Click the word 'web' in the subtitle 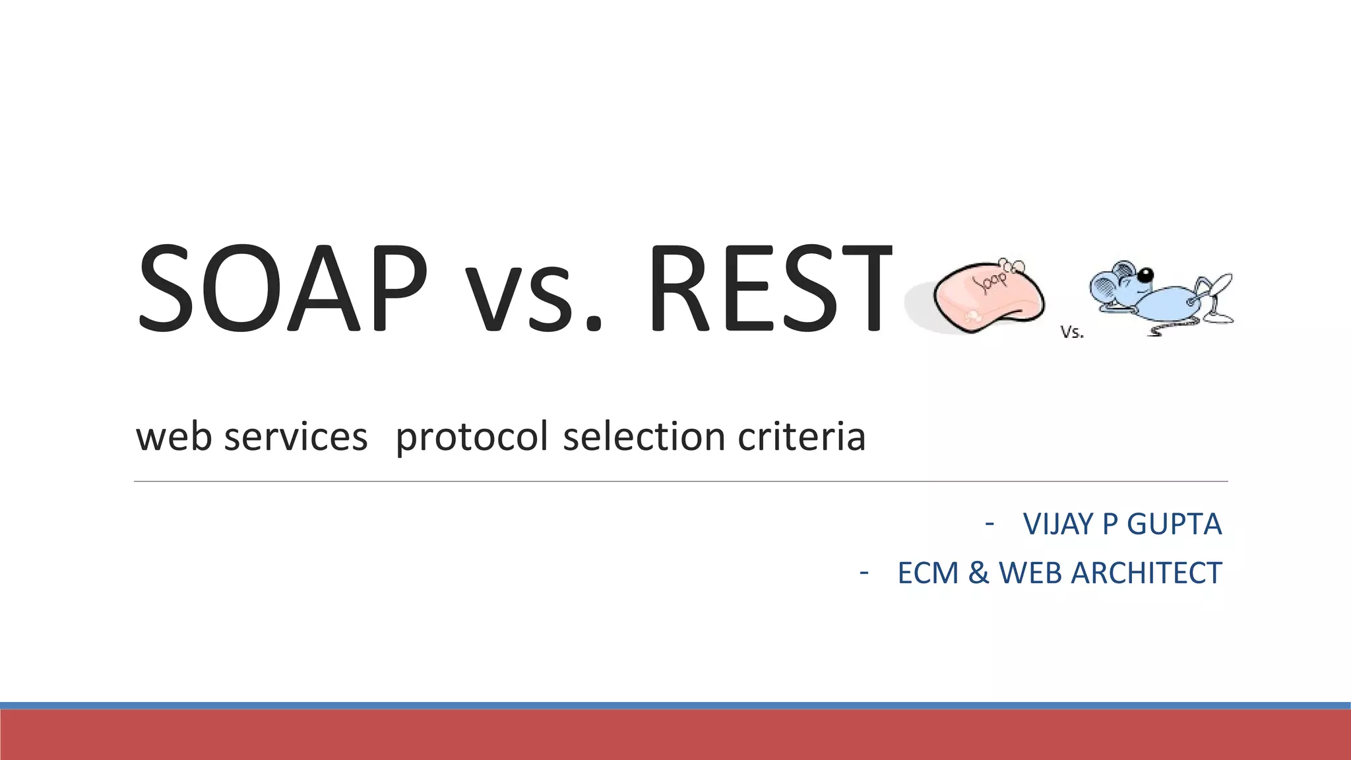point(173,437)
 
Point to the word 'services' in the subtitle point(296,437)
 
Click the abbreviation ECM point(927,573)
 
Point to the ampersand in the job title point(979,573)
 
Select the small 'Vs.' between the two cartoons point(1072,332)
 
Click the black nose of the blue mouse point(1146,274)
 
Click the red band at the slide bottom point(675,735)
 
